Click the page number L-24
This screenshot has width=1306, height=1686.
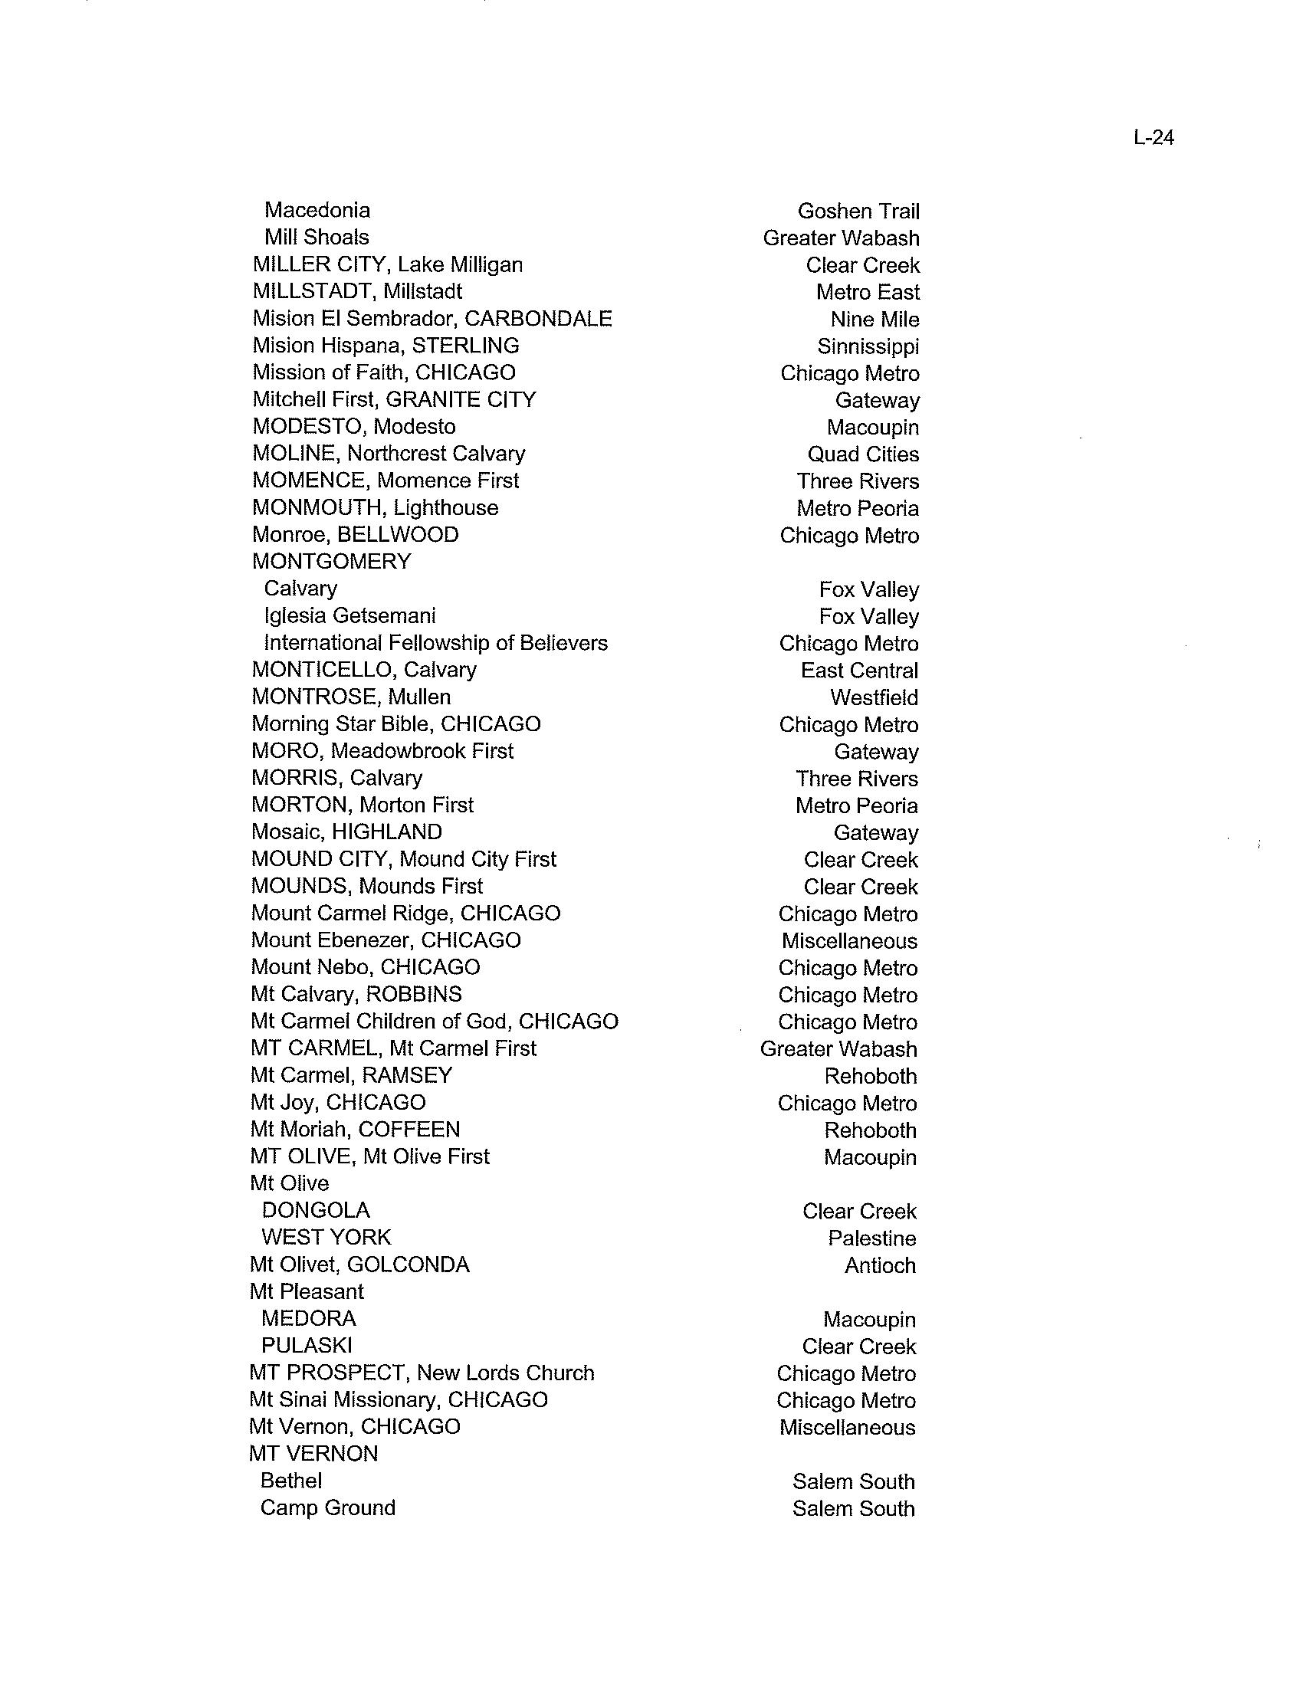(1154, 137)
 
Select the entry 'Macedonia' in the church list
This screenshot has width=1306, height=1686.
(317, 210)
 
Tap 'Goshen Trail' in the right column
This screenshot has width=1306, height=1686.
(858, 211)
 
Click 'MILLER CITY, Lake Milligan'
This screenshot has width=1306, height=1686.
(388, 265)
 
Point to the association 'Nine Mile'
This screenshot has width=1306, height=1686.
(874, 319)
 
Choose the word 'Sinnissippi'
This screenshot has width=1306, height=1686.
(868, 346)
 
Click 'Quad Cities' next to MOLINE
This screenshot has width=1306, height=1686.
(863, 454)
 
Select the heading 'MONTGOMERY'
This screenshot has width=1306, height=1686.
(332, 561)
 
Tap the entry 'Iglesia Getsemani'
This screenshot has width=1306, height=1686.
(349, 615)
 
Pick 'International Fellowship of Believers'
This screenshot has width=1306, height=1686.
(435, 642)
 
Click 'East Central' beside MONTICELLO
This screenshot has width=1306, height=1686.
(859, 670)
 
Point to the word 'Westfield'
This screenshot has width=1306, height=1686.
(874, 697)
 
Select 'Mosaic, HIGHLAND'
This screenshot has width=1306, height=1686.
(346, 832)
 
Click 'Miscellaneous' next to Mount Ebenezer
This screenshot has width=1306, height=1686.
(849, 940)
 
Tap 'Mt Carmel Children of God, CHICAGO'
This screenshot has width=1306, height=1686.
(435, 1022)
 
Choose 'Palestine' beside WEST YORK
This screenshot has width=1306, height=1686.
(871, 1238)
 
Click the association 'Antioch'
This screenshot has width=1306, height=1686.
(880, 1265)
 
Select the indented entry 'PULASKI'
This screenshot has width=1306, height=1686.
(307, 1346)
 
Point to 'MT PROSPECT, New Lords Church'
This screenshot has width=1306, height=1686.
(422, 1373)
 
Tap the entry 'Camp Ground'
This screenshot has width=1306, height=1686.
(327, 1507)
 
